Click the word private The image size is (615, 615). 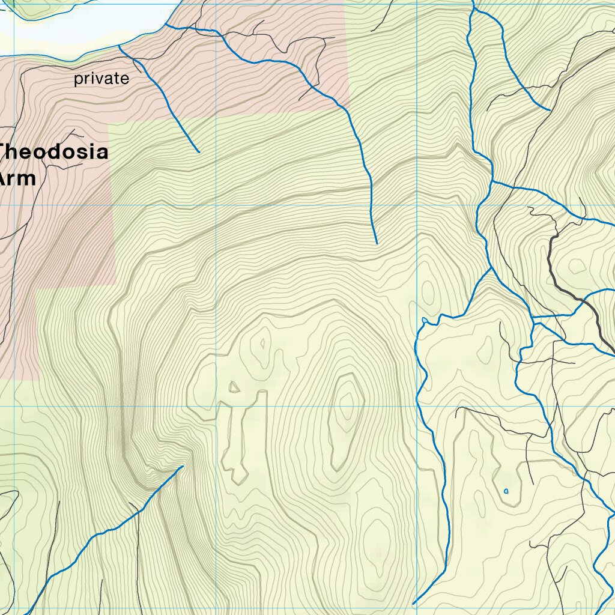click(x=101, y=79)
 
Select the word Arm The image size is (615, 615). click(x=18, y=178)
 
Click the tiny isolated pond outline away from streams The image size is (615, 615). click(x=506, y=491)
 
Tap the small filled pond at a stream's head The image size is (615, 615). click(x=425, y=320)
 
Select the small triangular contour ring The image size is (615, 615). click(x=234, y=387)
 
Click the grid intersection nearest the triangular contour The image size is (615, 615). click(x=216, y=406)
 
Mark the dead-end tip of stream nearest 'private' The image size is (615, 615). click(x=199, y=152)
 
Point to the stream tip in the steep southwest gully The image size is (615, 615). click(x=182, y=466)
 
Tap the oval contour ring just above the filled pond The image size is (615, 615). click(x=428, y=291)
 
